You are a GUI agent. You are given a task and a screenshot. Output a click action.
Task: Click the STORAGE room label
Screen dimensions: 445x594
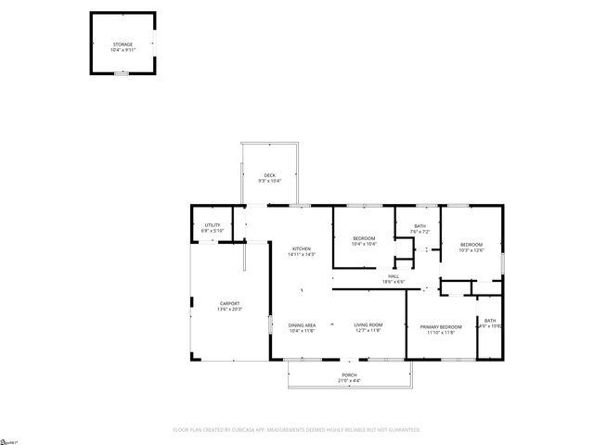coord(123,44)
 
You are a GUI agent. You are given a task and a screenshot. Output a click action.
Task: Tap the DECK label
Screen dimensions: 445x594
coord(269,174)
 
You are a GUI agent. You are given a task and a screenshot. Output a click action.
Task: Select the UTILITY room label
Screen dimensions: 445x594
coord(212,225)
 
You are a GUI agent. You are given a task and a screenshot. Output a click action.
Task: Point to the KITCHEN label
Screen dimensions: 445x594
coord(302,248)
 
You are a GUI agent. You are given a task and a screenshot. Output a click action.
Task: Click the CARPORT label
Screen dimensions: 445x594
coord(229,303)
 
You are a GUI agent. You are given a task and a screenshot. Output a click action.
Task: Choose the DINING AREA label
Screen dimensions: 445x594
coord(302,325)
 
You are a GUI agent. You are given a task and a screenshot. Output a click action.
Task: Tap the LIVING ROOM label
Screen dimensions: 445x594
coord(368,325)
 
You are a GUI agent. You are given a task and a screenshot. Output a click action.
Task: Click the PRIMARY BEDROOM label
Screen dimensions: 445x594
coord(441,326)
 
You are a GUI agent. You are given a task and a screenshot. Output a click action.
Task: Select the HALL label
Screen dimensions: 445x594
coord(394,275)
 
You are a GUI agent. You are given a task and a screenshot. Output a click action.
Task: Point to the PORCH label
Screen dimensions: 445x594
coord(349,375)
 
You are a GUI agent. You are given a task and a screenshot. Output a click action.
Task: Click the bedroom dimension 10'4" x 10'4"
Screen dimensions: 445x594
coord(364,244)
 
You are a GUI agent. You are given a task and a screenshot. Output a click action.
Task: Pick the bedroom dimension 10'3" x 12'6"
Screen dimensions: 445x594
coord(471,249)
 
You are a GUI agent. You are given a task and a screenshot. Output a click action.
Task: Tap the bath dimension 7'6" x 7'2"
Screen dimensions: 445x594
coord(420,231)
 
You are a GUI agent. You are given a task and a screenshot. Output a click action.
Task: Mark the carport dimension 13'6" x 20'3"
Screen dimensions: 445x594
coord(229,309)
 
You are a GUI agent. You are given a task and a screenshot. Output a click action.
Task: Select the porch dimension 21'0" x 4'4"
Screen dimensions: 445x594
coord(349,381)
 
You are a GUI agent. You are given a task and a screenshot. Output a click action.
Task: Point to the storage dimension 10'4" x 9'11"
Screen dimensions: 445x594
coord(123,49)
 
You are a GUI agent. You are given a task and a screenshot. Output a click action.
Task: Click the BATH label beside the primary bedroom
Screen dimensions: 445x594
coord(489,320)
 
